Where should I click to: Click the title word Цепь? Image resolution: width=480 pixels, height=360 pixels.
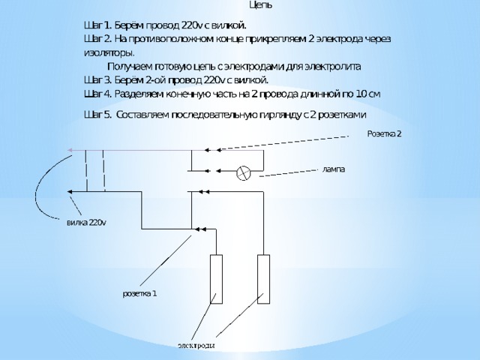[261, 5]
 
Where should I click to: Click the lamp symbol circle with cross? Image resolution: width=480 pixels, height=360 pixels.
[244, 173]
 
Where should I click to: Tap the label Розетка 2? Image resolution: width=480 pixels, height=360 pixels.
[384, 133]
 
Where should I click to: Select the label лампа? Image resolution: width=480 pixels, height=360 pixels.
[334, 169]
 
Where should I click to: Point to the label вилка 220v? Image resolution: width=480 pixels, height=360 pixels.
[87, 223]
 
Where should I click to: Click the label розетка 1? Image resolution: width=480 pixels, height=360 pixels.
[140, 293]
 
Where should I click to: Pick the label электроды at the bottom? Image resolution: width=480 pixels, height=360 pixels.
[196, 346]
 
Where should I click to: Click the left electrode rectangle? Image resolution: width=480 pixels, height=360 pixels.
[216, 279]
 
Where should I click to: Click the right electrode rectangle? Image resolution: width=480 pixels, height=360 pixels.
[263, 279]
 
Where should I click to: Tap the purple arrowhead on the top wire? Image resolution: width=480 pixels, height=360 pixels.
[70, 150]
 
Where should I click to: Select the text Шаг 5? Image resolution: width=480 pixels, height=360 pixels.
[98, 115]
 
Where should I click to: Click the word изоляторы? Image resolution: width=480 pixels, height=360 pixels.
[109, 53]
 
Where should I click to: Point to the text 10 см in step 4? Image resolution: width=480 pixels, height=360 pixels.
[368, 94]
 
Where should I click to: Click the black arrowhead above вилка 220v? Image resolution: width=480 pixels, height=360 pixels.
[70, 192]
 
